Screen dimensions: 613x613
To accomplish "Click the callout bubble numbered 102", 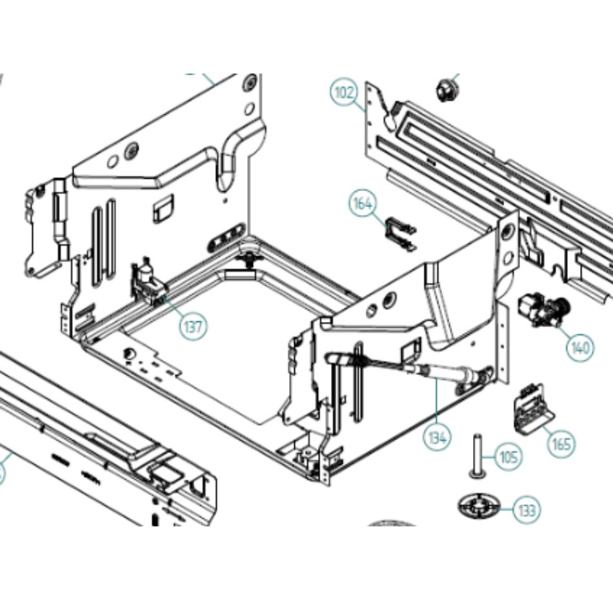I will (345, 93).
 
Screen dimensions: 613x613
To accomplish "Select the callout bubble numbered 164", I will (363, 204).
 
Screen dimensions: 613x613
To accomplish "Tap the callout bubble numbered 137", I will (194, 326).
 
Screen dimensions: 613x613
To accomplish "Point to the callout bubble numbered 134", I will (437, 437).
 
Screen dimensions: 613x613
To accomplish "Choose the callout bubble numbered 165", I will (561, 444).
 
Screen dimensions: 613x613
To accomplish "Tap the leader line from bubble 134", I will (437, 403).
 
